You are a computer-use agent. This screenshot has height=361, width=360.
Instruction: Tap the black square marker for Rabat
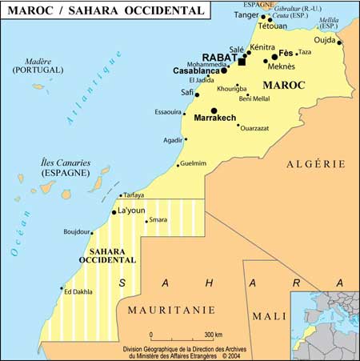pyautogui.click(x=242, y=61)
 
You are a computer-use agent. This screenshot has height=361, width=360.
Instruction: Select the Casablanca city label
pyautogui.click(x=196, y=70)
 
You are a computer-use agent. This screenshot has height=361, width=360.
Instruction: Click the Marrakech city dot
pyautogui.click(x=214, y=110)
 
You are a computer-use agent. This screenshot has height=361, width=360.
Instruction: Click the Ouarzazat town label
pyautogui.click(x=259, y=127)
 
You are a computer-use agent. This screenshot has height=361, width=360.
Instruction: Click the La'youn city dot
pyautogui.click(x=114, y=212)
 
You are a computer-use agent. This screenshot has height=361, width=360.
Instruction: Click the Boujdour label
pyautogui.click(x=78, y=232)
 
